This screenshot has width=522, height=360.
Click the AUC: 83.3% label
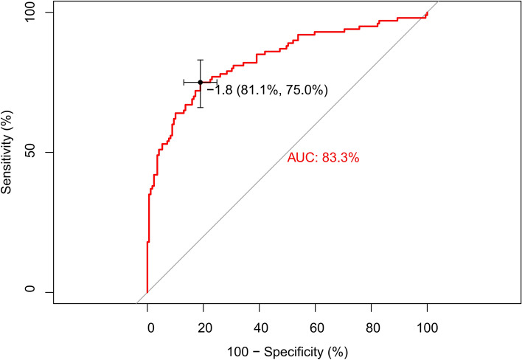(323, 157)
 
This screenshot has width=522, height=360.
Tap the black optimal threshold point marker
(200, 83)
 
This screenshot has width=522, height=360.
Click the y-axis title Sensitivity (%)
(9, 153)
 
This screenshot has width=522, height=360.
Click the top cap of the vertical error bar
(200, 60)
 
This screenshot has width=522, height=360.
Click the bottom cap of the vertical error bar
(200, 108)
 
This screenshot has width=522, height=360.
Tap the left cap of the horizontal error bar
(184, 83)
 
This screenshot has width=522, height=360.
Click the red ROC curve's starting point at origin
(147, 292)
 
